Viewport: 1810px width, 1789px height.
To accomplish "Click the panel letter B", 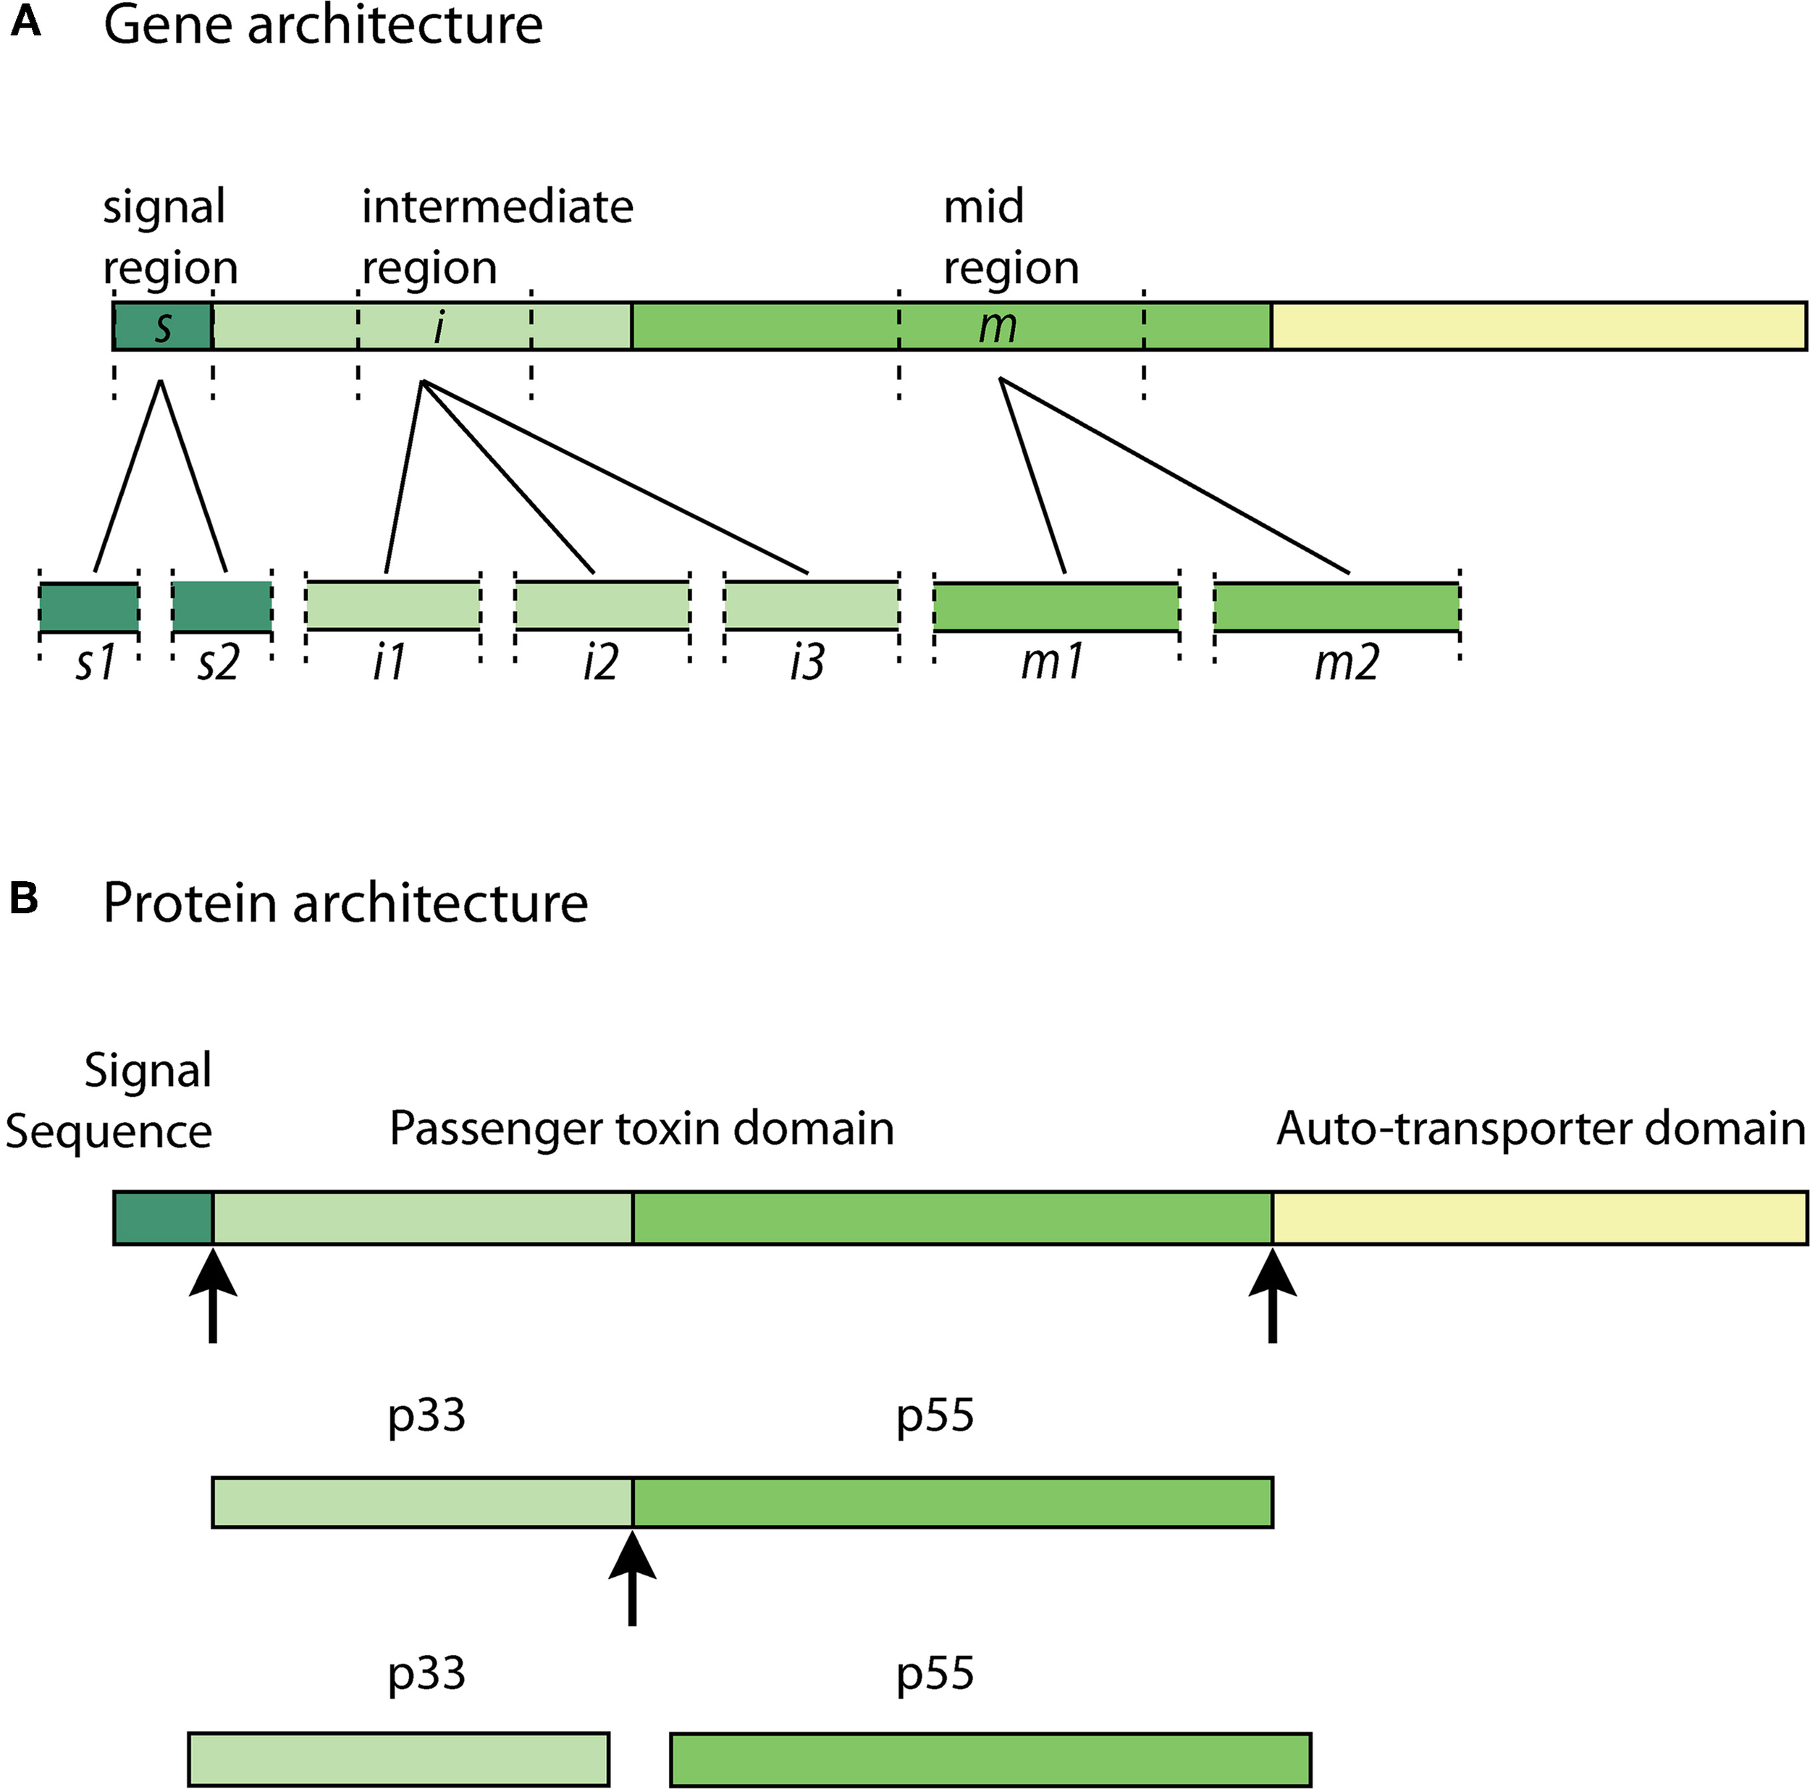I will point(23,898).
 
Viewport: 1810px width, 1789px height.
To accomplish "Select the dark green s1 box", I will point(89,606).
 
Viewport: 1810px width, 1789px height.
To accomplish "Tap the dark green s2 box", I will point(222,606).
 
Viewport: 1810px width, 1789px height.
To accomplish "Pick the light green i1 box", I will point(393,605).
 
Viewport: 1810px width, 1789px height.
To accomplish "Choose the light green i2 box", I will point(602,605).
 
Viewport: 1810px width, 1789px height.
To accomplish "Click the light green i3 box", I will point(812,605).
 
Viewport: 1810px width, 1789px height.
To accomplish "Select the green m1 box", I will point(1056,606).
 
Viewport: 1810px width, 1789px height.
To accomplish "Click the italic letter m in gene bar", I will point(998,326).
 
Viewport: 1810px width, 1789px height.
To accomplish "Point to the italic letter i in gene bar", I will point(439,326).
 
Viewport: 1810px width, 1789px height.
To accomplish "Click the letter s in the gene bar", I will point(163,326).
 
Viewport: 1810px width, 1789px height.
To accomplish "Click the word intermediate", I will point(497,206).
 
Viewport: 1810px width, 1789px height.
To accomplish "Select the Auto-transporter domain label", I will point(1540,1128).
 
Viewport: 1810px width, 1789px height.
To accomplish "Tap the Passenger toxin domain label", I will point(641,1128).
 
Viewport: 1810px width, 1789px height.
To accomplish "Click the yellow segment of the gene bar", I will point(1538,326).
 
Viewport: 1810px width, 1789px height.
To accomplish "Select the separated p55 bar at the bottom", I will point(990,1760).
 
